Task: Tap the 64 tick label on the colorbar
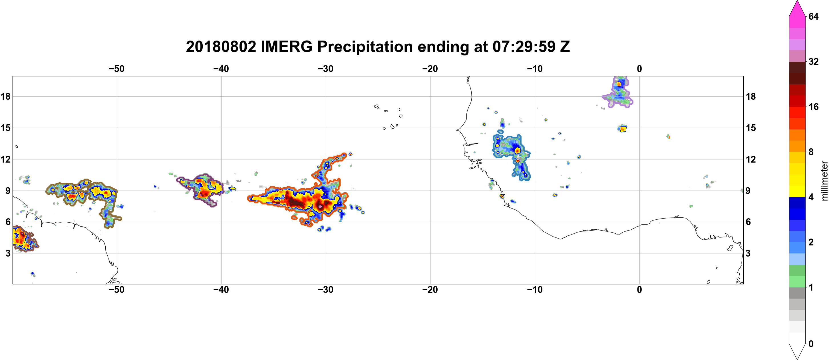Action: coord(814,16)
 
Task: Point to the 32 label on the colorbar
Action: coord(814,61)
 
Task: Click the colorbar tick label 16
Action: coord(814,107)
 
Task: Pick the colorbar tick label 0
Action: coord(811,344)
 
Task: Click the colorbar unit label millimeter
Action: coord(824,181)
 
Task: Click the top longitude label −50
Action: coord(116,69)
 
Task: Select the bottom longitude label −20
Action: coord(430,289)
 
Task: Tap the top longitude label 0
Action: coord(639,69)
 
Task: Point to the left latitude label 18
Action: coord(5,96)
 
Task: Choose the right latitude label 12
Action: coord(751,159)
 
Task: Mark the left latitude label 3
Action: coord(8,253)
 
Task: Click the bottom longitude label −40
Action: coord(221,289)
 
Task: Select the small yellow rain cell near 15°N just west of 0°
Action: coord(623,129)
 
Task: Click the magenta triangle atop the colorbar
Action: coord(797,8)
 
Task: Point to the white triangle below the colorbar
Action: coord(797,351)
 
